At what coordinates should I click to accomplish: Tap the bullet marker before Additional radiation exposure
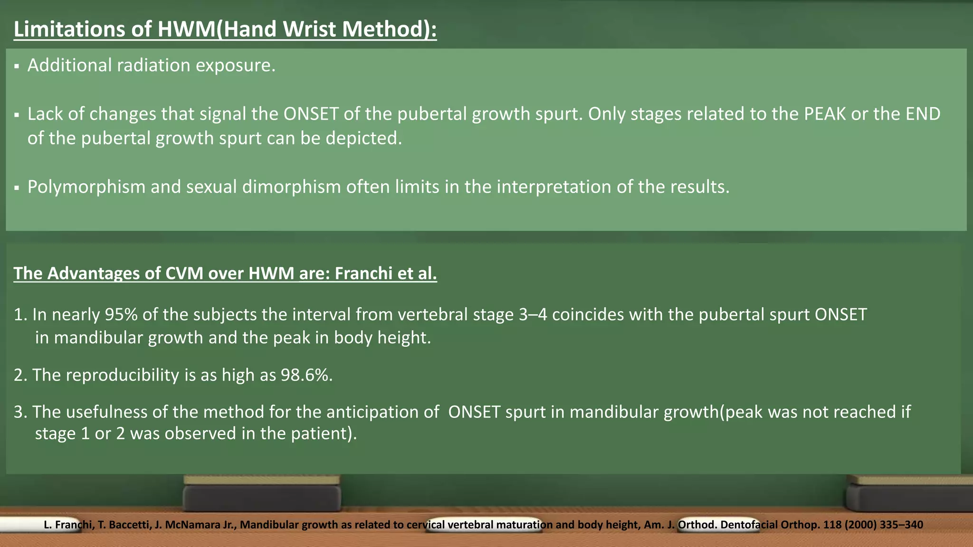pos(17,66)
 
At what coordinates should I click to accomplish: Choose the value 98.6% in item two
pos(306,375)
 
